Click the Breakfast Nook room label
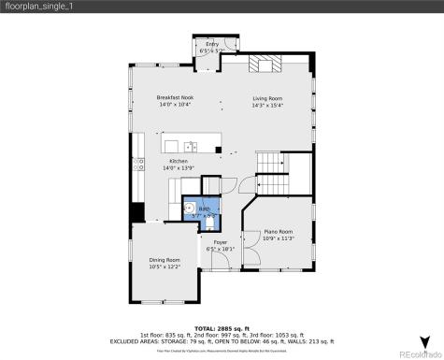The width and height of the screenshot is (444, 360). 175,98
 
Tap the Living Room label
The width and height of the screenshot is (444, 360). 267,98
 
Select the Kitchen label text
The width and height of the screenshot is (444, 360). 178,162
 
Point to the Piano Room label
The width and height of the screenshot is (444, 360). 278,231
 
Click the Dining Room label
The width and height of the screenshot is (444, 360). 165,259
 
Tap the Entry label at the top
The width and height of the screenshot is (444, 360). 211,44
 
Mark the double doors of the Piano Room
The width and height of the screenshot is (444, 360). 249,254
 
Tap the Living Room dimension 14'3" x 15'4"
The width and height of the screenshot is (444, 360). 267,105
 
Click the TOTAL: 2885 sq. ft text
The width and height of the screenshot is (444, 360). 222,327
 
